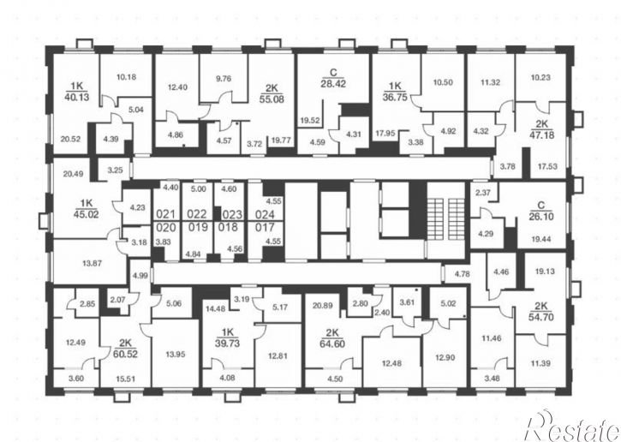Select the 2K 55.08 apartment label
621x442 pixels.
(x=272, y=93)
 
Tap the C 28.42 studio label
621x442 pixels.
(x=333, y=78)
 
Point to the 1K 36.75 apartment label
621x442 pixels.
(x=395, y=92)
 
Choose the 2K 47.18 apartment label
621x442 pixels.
(x=542, y=129)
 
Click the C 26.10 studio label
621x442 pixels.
(x=541, y=211)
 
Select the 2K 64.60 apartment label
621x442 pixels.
(x=331, y=337)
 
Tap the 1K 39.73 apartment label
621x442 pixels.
(x=227, y=337)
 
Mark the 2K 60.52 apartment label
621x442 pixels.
(x=125, y=348)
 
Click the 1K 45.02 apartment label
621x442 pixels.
(x=87, y=209)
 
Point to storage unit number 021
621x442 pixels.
(x=165, y=214)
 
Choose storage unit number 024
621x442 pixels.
(x=265, y=215)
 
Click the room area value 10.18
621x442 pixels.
(x=126, y=77)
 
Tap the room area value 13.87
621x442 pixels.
(x=92, y=263)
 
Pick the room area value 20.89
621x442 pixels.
(x=322, y=305)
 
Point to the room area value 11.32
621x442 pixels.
(x=490, y=82)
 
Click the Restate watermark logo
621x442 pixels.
(x=573, y=426)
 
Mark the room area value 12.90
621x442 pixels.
(x=445, y=358)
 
